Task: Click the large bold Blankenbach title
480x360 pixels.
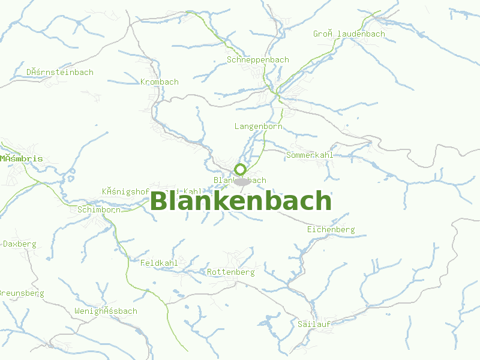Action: click(x=241, y=201)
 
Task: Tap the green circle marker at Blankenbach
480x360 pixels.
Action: click(x=240, y=169)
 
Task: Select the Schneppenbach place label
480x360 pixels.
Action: click(x=258, y=60)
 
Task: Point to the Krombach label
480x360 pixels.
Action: click(x=159, y=82)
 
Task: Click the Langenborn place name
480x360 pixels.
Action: click(x=258, y=127)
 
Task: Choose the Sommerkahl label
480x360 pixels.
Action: click(x=310, y=155)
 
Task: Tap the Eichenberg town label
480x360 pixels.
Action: click(x=331, y=230)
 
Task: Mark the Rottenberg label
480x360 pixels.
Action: click(x=230, y=272)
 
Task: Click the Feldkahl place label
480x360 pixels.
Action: click(x=159, y=263)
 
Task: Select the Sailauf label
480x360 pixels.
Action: click(x=315, y=324)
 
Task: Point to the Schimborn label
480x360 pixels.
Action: click(x=99, y=209)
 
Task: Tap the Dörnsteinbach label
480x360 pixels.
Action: click(x=60, y=73)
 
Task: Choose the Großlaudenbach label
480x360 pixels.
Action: click(x=349, y=34)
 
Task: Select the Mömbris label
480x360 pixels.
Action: click(x=22, y=159)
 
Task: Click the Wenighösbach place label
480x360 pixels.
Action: click(x=106, y=311)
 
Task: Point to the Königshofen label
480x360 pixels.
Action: click(x=125, y=191)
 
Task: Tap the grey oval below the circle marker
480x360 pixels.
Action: click(x=242, y=181)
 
